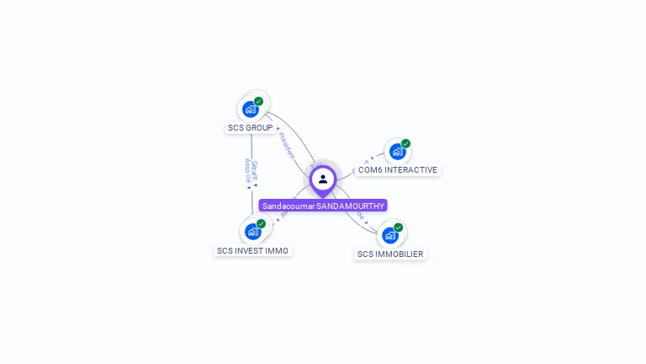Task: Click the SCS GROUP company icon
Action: click(x=251, y=109)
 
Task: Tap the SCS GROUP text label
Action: click(x=250, y=128)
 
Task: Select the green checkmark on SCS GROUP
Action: click(x=258, y=101)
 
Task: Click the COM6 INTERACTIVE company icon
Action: click(x=397, y=152)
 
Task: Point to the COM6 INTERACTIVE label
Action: click(x=397, y=170)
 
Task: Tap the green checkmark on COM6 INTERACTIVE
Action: click(x=405, y=144)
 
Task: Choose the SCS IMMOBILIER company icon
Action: click(x=390, y=235)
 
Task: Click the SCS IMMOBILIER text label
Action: click(x=390, y=254)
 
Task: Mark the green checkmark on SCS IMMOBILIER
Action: click(x=399, y=227)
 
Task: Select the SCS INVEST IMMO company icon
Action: click(x=253, y=232)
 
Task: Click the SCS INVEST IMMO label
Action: click(x=252, y=250)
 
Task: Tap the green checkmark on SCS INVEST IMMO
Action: click(x=261, y=224)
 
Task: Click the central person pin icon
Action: click(x=323, y=179)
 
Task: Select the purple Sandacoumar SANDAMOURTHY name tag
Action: click(x=323, y=206)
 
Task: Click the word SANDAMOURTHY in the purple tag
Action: click(x=350, y=206)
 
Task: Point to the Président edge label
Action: click(x=286, y=145)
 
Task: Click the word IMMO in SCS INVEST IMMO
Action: click(x=277, y=250)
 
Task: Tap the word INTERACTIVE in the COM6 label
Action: click(x=410, y=170)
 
